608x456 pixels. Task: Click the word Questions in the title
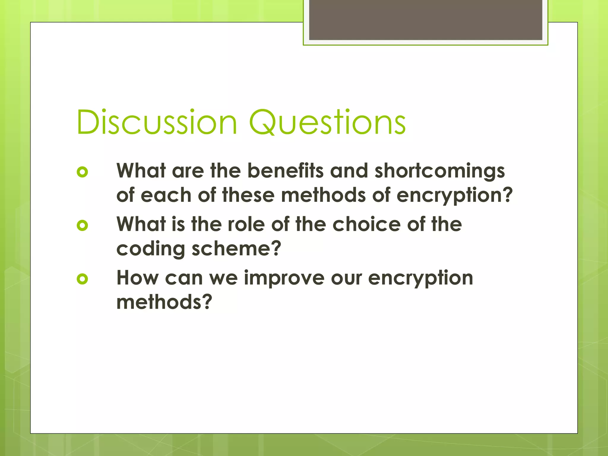(x=327, y=122)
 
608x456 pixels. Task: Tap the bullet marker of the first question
(x=82, y=172)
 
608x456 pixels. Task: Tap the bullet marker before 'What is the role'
(x=82, y=225)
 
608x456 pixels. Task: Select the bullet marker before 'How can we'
(x=82, y=279)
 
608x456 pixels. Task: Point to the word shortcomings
(x=439, y=172)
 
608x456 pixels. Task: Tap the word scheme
(x=236, y=249)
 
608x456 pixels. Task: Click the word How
(x=137, y=278)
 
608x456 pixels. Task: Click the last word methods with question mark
(x=164, y=302)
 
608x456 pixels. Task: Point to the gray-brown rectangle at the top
(x=425, y=20)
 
